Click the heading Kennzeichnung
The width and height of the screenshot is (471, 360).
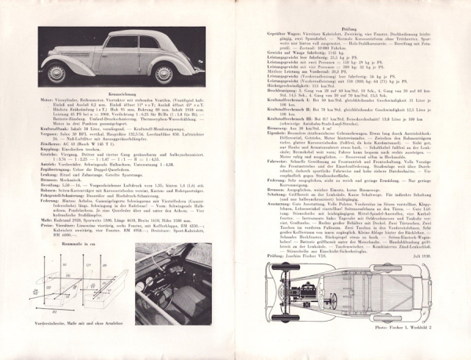point(122,93)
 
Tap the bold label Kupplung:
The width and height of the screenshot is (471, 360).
point(49,149)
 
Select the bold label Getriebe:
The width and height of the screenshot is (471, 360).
point(49,155)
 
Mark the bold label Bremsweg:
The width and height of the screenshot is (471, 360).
point(278,128)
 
